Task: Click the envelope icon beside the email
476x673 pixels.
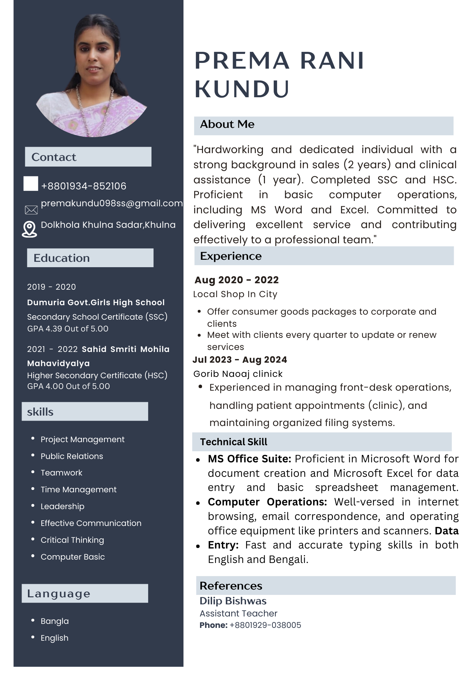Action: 31,210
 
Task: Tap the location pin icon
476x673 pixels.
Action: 30,229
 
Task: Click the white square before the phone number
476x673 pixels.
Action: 31,184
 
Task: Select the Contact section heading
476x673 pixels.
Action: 54,157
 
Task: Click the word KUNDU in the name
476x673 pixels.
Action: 242,89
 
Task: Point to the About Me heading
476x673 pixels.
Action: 227,125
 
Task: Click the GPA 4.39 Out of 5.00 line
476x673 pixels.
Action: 68,329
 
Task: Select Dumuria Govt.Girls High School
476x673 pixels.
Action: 96,303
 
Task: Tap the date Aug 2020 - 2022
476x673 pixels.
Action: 237,280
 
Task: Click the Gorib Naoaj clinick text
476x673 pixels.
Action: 238,374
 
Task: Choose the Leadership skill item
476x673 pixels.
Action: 63,506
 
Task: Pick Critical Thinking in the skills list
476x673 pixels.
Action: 72,540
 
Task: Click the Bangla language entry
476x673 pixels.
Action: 55,621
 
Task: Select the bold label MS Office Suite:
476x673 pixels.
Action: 249,459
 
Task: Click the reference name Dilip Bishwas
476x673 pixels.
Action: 233,601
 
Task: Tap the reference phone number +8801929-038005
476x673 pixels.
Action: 265,625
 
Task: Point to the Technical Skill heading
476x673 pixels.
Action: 234,442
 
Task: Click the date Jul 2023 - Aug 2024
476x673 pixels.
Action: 240,360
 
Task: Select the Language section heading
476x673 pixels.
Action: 59,594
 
